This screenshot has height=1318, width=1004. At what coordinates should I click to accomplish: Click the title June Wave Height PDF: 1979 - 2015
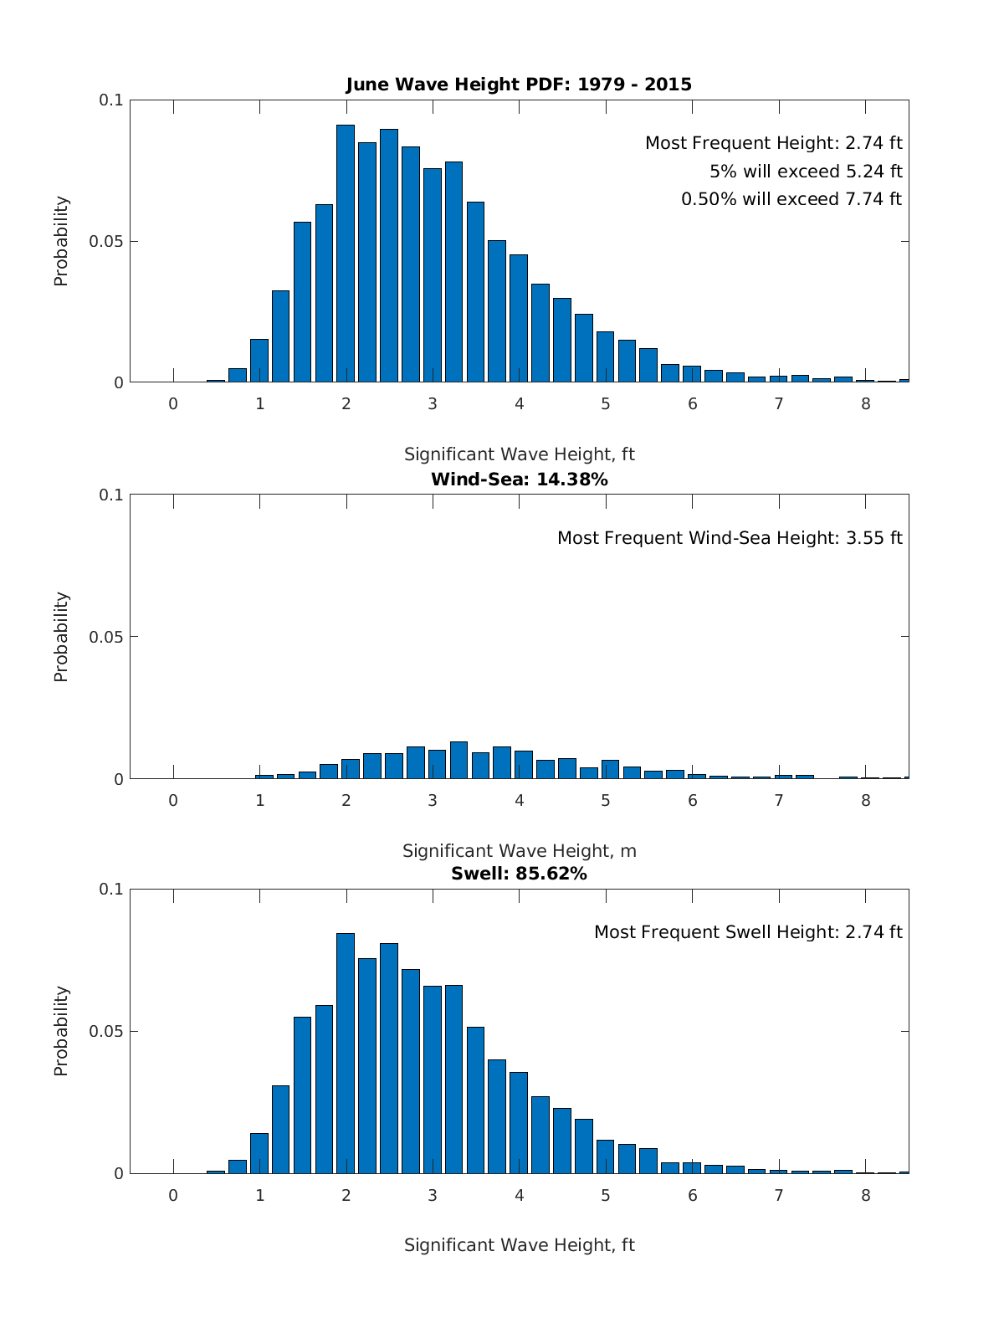519,85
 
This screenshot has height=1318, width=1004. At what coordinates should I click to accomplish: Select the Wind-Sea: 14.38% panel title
519,480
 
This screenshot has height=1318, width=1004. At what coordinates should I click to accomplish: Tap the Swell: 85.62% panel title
519,874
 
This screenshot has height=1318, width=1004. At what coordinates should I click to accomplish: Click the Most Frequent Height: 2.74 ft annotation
773,143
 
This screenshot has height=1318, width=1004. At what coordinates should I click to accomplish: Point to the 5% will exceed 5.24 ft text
806,172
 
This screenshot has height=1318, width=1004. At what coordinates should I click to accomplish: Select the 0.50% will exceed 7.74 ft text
791,199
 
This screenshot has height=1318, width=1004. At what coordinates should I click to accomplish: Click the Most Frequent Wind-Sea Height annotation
730,538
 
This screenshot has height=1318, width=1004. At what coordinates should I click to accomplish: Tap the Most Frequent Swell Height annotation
748,932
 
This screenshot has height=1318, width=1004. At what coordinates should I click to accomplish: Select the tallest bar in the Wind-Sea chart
458,760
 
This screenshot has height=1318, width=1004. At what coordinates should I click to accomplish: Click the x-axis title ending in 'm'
519,851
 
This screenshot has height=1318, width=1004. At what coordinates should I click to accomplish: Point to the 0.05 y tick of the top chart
106,242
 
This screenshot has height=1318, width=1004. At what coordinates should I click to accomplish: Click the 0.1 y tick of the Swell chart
111,890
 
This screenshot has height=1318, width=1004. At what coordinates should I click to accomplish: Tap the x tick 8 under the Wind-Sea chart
865,800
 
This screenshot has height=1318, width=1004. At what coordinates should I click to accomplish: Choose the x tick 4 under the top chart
519,404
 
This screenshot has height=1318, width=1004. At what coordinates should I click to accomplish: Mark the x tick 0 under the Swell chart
173,1195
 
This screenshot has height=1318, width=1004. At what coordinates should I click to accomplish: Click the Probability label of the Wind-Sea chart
61,637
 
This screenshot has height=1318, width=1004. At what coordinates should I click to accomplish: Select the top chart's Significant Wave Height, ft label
519,454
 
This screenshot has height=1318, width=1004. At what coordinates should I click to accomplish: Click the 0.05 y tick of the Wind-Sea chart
106,637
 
